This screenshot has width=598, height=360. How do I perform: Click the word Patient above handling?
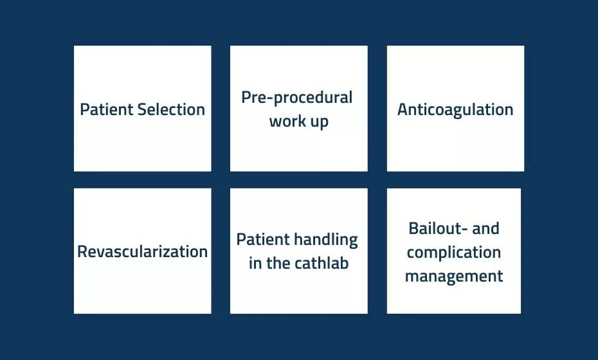(x=263, y=240)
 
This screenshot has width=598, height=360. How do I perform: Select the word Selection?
(x=171, y=109)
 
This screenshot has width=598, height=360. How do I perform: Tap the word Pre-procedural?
(x=296, y=98)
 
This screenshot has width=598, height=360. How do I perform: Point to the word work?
(x=285, y=122)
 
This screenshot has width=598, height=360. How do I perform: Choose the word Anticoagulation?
(x=455, y=110)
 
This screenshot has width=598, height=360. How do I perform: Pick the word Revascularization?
(x=142, y=252)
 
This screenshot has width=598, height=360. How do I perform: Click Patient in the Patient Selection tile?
(x=107, y=109)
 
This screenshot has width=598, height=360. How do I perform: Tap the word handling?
(x=326, y=240)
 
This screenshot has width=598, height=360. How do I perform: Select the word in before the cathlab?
(x=255, y=263)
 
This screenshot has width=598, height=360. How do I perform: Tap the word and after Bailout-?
(x=485, y=228)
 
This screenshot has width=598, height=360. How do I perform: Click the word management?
(x=454, y=276)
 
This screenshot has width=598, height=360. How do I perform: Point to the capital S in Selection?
(x=143, y=109)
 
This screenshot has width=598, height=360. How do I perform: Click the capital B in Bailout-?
(x=414, y=228)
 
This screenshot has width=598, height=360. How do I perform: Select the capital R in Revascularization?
(x=83, y=252)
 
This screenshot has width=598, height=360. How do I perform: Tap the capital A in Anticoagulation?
(x=403, y=109)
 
